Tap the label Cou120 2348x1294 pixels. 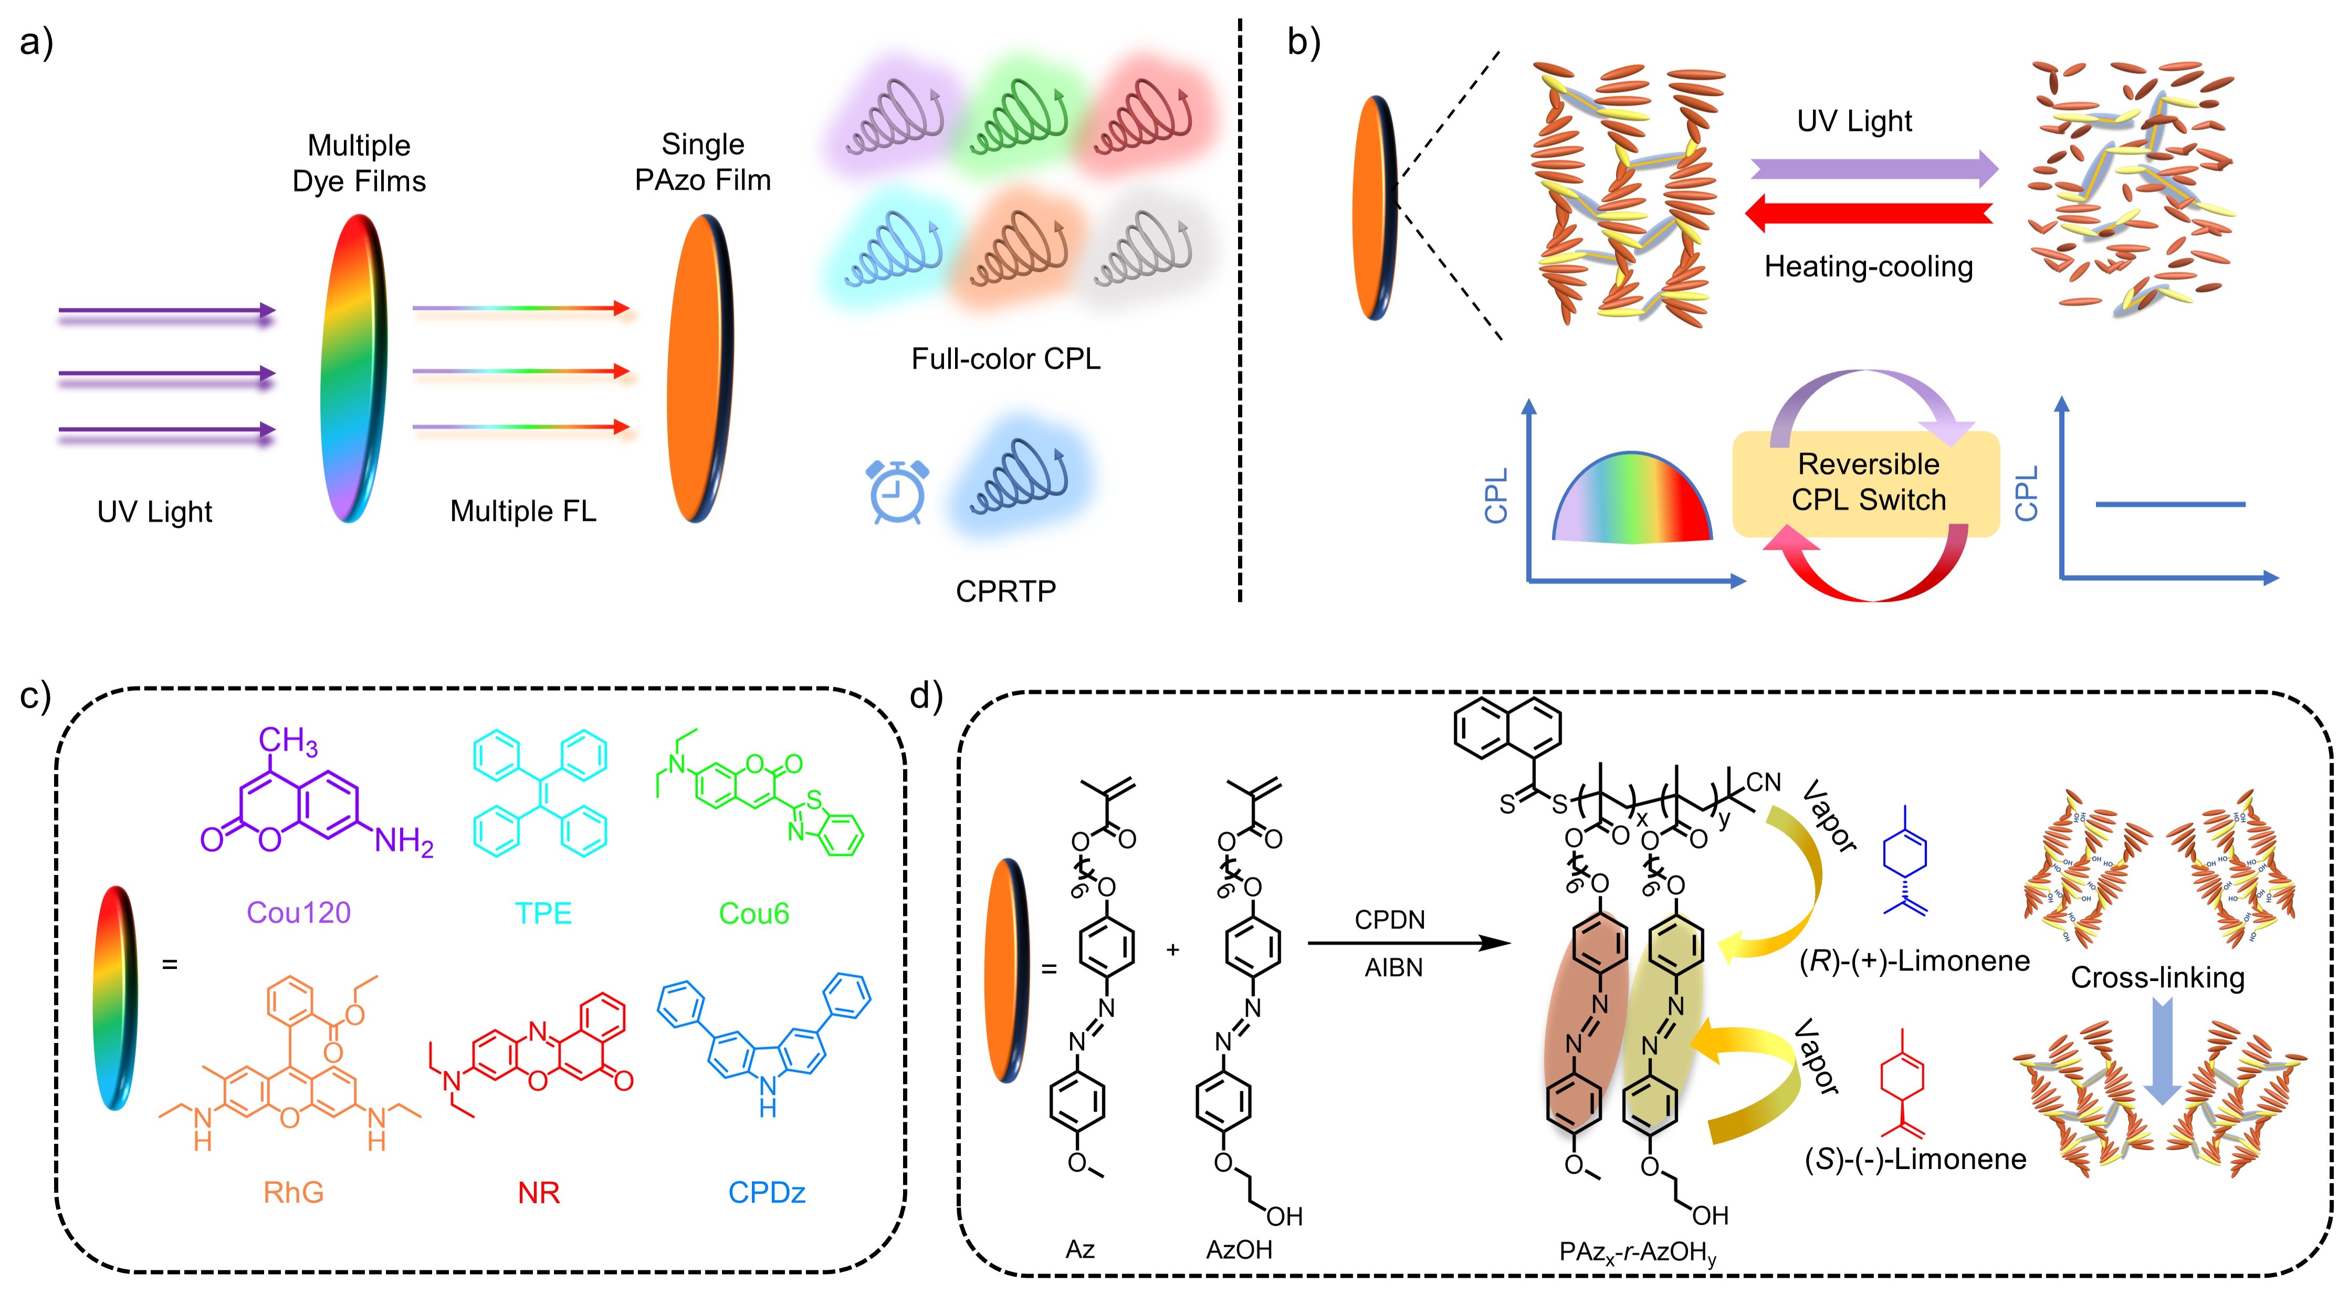(x=298, y=913)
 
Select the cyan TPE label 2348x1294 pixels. (x=543, y=913)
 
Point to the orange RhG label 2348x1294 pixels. (x=294, y=1192)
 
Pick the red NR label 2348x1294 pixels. (x=539, y=1192)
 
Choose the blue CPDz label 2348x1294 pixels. (x=767, y=1192)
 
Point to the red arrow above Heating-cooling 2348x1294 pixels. (x=1869, y=213)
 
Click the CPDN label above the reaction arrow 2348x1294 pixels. (x=1389, y=920)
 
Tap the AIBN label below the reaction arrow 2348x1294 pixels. (x=1393, y=967)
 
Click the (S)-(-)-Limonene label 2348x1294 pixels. (x=1915, y=1159)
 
